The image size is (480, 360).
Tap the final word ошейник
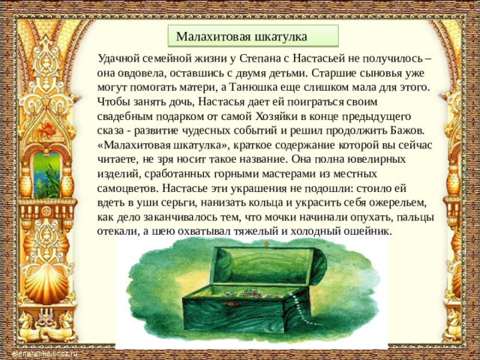[x=364, y=232]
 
